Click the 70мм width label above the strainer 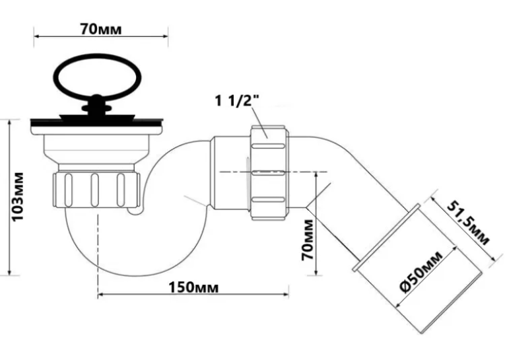coord(101,29)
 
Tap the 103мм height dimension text coord(18,197)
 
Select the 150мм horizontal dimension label coord(193,287)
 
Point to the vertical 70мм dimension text coord(307,240)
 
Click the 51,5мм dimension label coord(468,223)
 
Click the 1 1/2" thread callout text coord(237,100)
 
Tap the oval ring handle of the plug coord(98,76)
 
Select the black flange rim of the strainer coord(97,122)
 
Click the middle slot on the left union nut coord(94,190)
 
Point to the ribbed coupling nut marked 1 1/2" coord(269,173)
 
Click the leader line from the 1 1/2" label coord(259,122)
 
